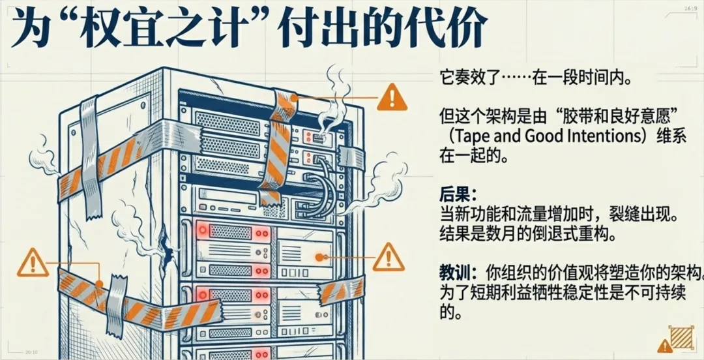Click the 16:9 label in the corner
(x=690, y=9)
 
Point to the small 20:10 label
(x=31, y=352)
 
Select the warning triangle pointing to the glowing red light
(x=390, y=256)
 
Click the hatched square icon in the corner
(x=684, y=337)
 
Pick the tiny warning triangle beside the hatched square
(x=664, y=346)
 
